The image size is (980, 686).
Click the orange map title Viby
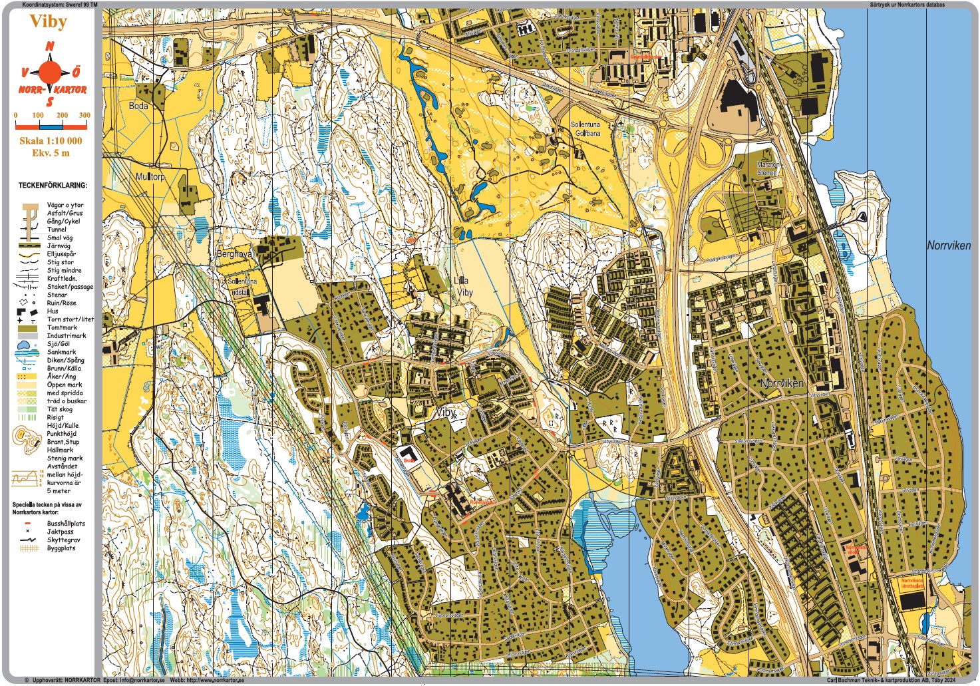pyautogui.click(x=49, y=22)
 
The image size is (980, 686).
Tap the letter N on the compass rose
pyautogui.click(x=50, y=47)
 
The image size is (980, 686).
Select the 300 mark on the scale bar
pyautogui.click(x=84, y=115)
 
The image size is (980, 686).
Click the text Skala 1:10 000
pyautogui.click(x=51, y=140)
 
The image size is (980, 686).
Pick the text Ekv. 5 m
pyautogui.click(x=51, y=153)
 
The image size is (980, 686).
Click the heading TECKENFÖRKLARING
pyautogui.click(x=53, y=186)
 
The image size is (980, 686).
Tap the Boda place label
pyautogui.click(x=138, y=106)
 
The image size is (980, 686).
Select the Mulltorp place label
pyautogui.click(x=150, y=177)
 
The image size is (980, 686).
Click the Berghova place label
pyautogui.click(x=234, y=254)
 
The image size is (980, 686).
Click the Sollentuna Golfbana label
pyautogui.click(x=585, y=129)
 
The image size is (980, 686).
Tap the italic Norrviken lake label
pyautogui.click(x=948, y=246)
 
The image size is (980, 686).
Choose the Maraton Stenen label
pyautogui.click(x=768, y=168)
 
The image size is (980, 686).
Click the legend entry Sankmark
pyautogui.click(x=61, y=352)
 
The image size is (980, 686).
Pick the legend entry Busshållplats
pyautogui.click(x=66, y=524)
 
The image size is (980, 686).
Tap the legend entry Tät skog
pyautogui.click(x=60, y=409)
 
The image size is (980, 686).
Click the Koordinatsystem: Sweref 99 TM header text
pyautogui.click(x=60, y=5)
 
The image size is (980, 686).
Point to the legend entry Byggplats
pyautogui.click(x=61, y=548)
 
